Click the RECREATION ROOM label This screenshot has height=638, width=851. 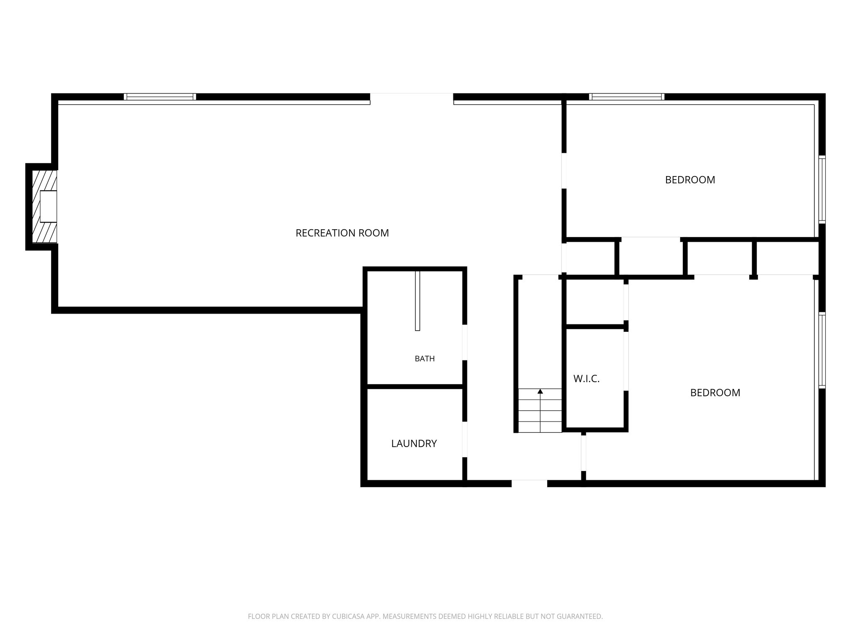tap(342, 233)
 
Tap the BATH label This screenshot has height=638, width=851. tap(425, 358)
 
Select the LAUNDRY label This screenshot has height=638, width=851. tap(414, 444)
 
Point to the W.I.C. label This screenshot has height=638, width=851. tap(586, 379)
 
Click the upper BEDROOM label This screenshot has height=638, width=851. tap(690, 180)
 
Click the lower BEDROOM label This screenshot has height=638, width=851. tap(715, 393)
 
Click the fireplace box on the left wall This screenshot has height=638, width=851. tap(48, 206)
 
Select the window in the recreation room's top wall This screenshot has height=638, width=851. tap(160, 97)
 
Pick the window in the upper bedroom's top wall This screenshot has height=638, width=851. tap(627, 97)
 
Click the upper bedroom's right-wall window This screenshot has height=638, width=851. tap(822, 189)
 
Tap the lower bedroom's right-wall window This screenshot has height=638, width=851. tap(822, 350)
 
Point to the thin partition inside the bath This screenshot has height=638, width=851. tap(418, 301)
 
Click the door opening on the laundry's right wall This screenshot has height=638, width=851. tap(465, 439)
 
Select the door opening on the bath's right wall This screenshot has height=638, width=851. tap(465, 342)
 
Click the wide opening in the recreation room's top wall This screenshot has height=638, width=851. tap(412, 99)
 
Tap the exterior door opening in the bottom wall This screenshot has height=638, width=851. tap(529, 483)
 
